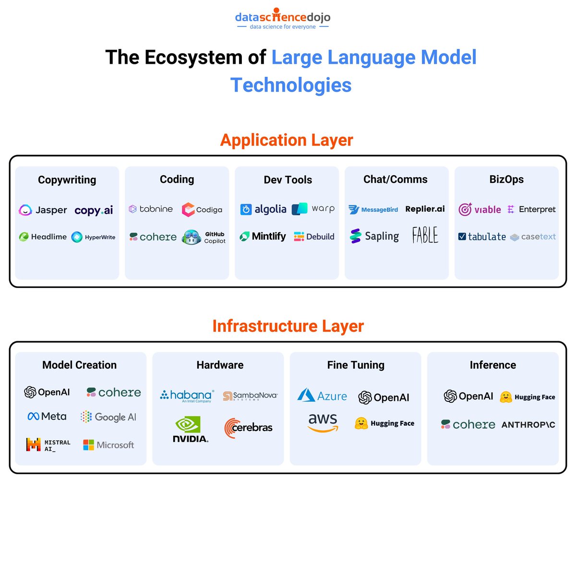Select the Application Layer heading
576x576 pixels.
click(x=287, y=140)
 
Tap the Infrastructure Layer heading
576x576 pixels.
click(x=288, y=326)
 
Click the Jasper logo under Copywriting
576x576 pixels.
click(x=43, y=210)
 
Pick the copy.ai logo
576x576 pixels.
click(x=94, y=210)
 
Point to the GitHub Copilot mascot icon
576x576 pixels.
click(x=192, y=237)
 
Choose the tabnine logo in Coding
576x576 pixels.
click(x=151, y=209)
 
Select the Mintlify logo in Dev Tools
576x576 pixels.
click(x=263, y=237)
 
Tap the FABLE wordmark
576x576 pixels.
click(x=425, y=235)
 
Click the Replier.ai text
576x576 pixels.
click(x=425, y=209)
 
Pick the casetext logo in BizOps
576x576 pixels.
click(x=533, y=237)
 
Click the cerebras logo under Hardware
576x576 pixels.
click(x=248, y=428)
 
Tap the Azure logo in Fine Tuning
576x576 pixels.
click(x=322, y=396)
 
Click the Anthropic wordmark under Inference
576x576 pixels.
click(x=528, y=425)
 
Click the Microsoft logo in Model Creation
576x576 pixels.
click(x=108, y=445)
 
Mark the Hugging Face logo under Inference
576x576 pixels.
click(x=527, y=397)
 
